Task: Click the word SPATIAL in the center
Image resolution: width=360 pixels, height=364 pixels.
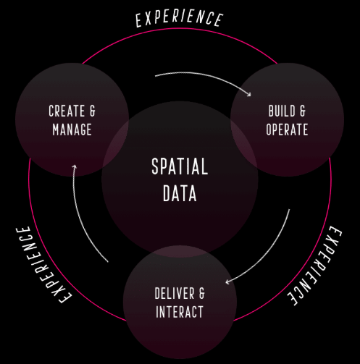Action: (x=180, y=166)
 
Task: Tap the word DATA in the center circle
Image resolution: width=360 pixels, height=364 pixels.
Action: (x=180, y=193)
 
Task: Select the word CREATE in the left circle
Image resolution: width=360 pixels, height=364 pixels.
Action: (x=67, y=111)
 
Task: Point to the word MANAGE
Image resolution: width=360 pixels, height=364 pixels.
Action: (x=72, y=130)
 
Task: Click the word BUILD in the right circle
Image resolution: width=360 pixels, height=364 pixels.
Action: (x=282, y=111)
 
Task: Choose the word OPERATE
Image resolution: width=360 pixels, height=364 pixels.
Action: (x=287, y=130)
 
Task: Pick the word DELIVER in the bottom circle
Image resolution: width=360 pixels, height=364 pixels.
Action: (x=175, y=293)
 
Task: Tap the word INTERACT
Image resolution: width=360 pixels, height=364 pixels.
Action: (x=180, y=311)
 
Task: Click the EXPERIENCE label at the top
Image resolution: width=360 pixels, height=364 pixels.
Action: (x=179, y=19)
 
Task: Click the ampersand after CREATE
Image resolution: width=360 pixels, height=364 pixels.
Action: (x=93, y=111)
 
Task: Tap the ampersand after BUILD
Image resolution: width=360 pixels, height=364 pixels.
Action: (x=303, y=111)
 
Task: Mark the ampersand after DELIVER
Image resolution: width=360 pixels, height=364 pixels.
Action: (x=201, y=293)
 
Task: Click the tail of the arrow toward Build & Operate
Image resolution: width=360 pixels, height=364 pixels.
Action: (x=155, y=76)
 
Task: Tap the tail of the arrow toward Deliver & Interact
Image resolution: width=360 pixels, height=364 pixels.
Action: (x=289, y=210)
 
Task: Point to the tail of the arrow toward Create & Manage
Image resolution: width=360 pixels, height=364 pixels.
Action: (x=108, y=261)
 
